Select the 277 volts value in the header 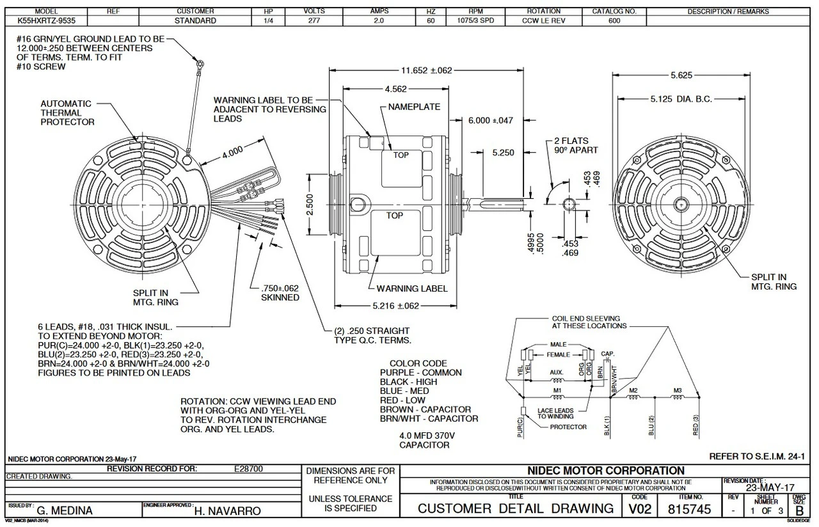[314, 21]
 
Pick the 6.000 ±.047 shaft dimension [491, 120]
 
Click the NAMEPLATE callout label [414, 107]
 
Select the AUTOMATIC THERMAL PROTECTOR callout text [67, 113]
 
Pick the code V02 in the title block [640, 510]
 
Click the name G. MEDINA [65, 511]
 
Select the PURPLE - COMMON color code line [420, 373]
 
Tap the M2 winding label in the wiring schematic [633, 390]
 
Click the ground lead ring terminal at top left [200, 63]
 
